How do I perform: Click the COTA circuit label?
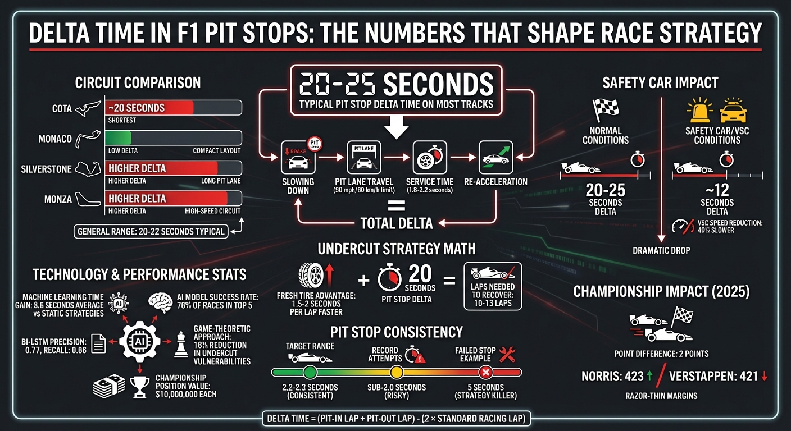click(x=61, y=108)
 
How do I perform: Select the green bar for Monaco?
click(x=118, y=138)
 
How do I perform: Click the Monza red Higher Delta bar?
click(x=166, y=198)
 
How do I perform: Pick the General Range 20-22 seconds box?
click(x=151, y=231)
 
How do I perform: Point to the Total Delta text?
click(x=397, y=223)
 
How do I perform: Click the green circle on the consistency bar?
click(x=310, y=372)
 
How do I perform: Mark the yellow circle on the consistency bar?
click(x=397, y=372)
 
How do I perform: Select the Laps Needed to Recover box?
click(x=493, y=287)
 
